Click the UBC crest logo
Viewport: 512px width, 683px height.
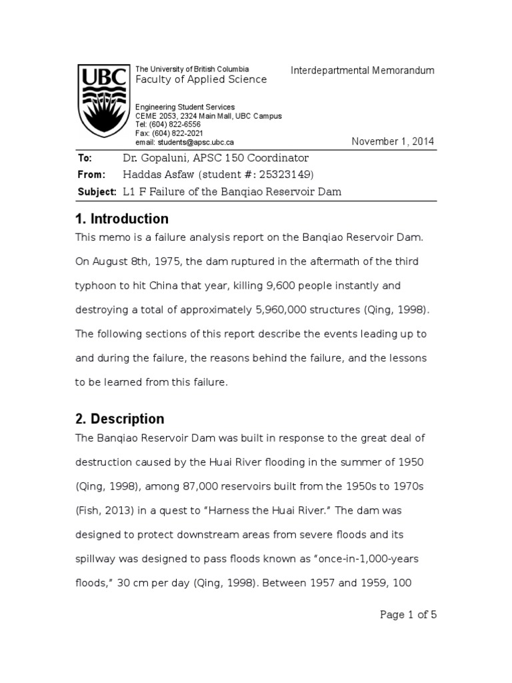click(x=101, y=101)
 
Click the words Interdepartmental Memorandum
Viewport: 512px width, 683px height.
click(x=363, y=71)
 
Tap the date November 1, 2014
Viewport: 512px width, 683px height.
click(x=393, y=141)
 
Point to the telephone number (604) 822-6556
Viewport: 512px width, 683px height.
click(x=174, y=125)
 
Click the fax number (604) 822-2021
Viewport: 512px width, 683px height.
click(x=176, y=133)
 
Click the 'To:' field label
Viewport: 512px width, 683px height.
click(x=85, y=158)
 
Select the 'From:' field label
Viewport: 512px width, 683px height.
click(x=91, y=175)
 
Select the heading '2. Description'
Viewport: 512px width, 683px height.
click(x=121, y=419)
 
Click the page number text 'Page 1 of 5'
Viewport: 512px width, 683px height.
click(x=408, y=614)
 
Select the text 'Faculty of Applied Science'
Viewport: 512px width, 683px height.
click(x=201, y=79)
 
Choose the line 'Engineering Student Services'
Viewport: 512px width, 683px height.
click(x=185, y=107)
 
